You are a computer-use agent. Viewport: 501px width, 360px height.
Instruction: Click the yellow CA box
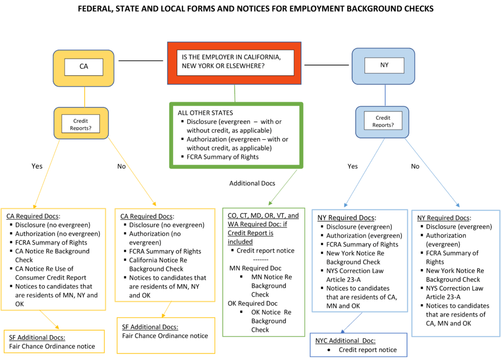click(84, 67)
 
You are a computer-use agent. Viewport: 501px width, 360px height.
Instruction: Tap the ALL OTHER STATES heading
click(205, 112)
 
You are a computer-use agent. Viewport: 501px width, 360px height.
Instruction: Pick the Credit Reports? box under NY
click(383, 121)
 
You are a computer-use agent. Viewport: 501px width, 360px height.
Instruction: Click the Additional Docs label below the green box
click(252, 183)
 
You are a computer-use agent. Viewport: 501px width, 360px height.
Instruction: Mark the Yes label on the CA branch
click(37, 166)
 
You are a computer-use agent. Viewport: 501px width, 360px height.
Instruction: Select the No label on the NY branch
click(415, 166)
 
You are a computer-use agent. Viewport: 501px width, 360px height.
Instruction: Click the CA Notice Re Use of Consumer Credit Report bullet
click(50, 273)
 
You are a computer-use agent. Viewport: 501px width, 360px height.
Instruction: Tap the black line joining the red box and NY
click(327, 64)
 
